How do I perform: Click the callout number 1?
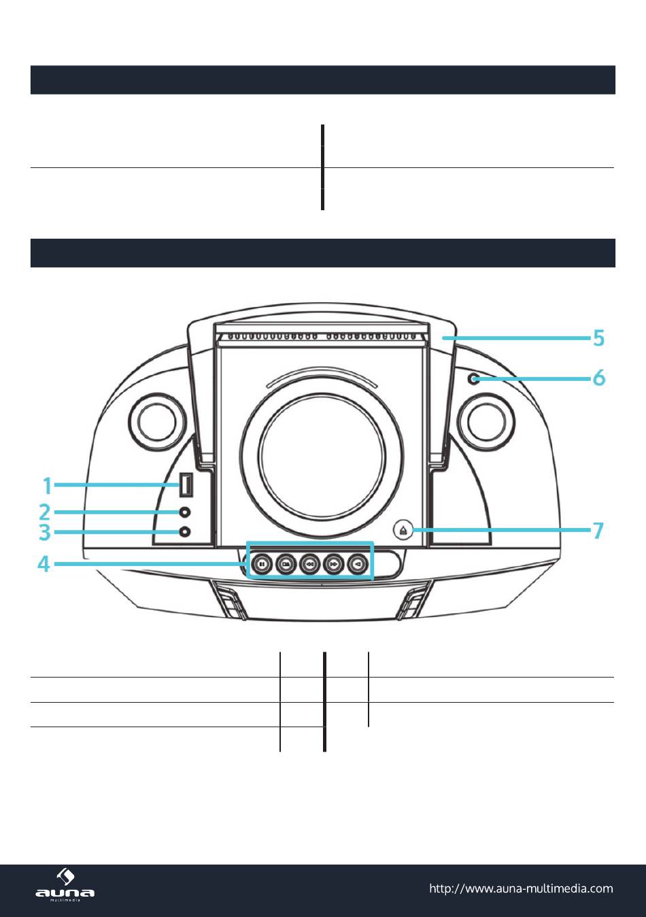point(47,486)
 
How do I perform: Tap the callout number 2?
point(45,512)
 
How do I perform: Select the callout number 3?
point(45,532)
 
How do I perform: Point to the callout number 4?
point(44,564)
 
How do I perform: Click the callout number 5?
point(598,337)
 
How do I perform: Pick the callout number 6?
point(599,378)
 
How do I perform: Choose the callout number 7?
point(598,531)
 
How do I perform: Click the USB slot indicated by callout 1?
point(185,486)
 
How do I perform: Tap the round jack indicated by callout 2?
point(184,512)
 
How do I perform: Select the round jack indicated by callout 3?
point(184,532)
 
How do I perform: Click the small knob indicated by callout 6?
point(474,378)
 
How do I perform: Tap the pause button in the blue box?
point(261,563)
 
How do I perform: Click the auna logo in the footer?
point(65,885)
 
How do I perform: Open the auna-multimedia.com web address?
point(521,888)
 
